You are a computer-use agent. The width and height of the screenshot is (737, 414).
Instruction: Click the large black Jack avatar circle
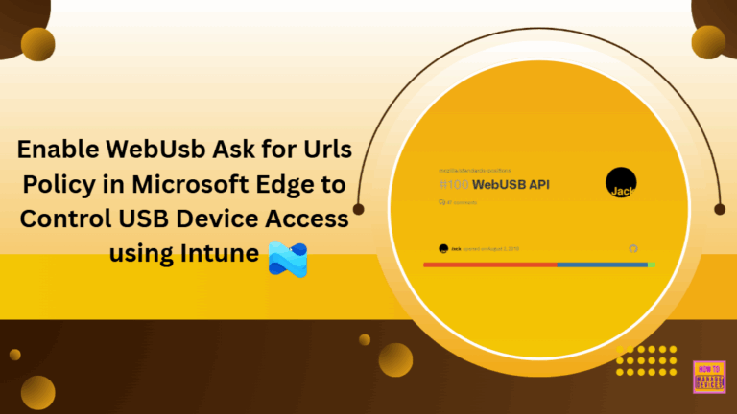[621, 182]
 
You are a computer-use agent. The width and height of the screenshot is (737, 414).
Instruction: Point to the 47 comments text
[458, 203]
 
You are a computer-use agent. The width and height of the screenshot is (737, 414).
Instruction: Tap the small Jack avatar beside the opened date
[442, 248]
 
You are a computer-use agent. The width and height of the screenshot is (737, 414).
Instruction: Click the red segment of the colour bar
[489, 264]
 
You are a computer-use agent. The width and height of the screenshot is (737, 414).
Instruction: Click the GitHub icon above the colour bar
[632, 248]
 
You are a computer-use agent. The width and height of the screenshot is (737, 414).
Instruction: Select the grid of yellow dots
[646, 359]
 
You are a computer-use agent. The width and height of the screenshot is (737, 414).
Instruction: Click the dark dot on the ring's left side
[358, 208]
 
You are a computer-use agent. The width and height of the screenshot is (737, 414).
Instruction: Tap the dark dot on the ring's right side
[720, 208]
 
